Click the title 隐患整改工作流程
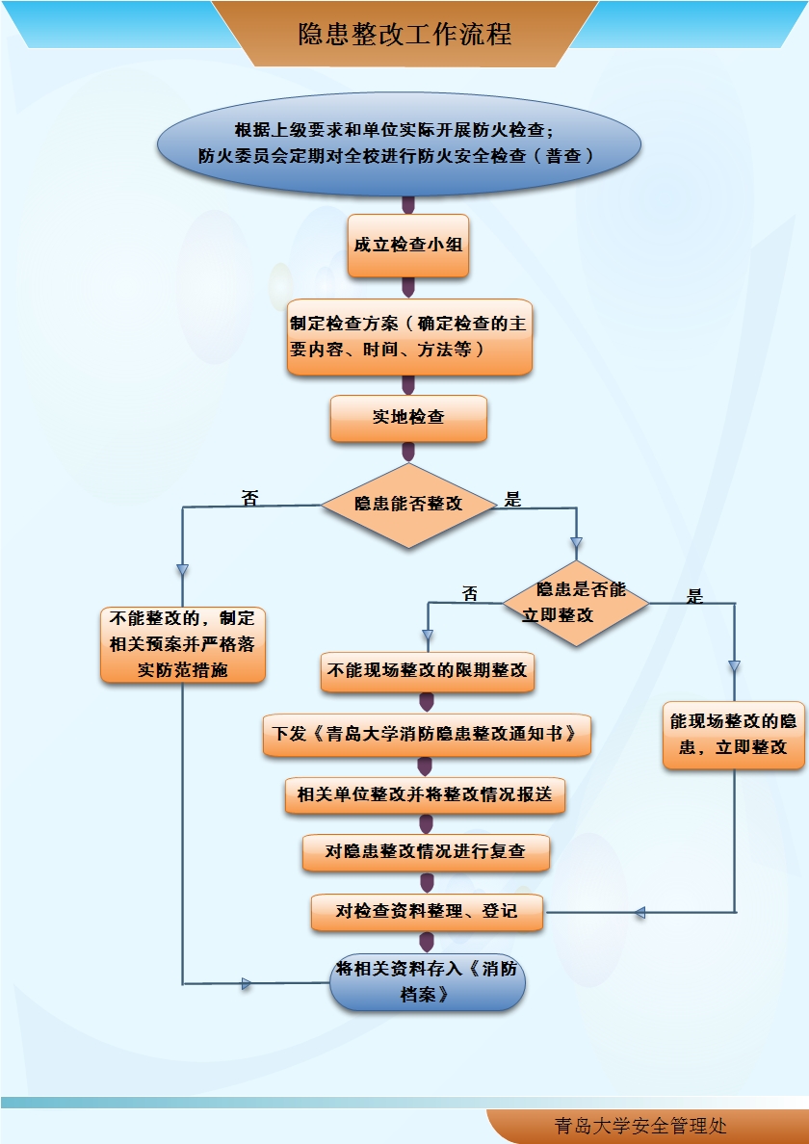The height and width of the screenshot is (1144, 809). [x=404, y=36]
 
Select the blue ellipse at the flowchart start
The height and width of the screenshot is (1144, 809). [x=399, y=143]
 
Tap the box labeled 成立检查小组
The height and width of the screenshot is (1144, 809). [x=408, y=246]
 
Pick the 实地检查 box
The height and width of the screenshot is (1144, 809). [x=408, y=418]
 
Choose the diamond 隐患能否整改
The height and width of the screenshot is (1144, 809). [x=408, y=504]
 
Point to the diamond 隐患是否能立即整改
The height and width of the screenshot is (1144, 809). [x=575, y=603]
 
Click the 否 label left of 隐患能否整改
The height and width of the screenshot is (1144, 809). [x=250, y=499]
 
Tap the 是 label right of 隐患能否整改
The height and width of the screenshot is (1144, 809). [x=512, y=499]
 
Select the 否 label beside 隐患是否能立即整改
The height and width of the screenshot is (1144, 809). [x=470, y=594]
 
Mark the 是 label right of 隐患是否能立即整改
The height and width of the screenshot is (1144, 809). [x=694, y=596]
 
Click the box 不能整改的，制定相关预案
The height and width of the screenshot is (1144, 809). [x=183, y=644]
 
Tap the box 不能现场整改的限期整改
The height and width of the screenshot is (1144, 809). [x=428, y=671]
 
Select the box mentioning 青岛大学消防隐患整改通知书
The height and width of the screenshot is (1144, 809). [x=427, y=734]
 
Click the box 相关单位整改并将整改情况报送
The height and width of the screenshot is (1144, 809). [x=426, y=794]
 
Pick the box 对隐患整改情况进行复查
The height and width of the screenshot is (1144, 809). [x=427, y=853]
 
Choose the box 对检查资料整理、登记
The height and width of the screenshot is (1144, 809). [x=427, y=911]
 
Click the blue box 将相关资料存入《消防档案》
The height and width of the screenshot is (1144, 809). [x=427, y=981]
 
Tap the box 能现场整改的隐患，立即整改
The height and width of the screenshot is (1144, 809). [x=734, y=734]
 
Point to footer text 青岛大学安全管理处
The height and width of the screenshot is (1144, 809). [x=640, y=1126]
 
